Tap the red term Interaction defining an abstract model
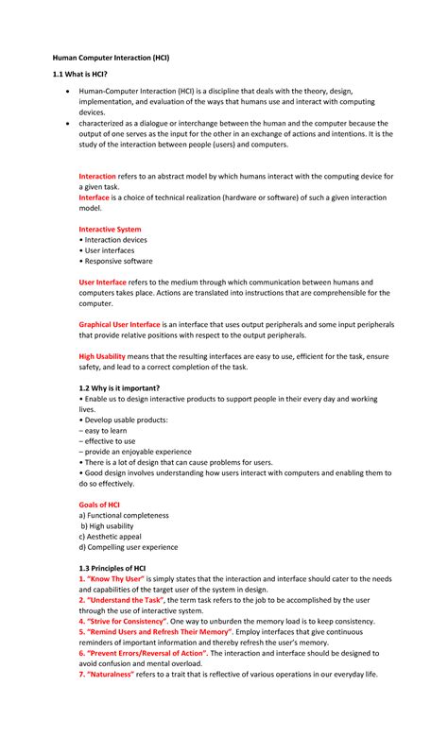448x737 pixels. pyautogui.click(x=97, y=177)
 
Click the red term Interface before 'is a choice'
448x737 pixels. pyautogui.click(x=94, y=197)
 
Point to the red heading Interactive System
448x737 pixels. pyautogui.click(x=110, y=230)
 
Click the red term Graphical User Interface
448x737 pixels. pyautogui.click(x=119, y=324)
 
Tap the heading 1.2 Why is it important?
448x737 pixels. pyautogui.click(x=119, y=388)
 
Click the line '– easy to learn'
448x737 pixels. pyautogui.click(x=107, y=430)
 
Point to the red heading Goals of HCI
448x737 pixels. pyautogui.click(x=98, y=505)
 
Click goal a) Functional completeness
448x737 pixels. pyautogui.click(x=124, y=516)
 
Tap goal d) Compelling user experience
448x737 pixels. pyautogui.click(x=128, y=547)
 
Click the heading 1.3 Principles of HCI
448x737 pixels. pyautogui.click(x=112, y=568)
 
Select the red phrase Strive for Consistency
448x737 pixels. pyautogui.click(x=131, y=621)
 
